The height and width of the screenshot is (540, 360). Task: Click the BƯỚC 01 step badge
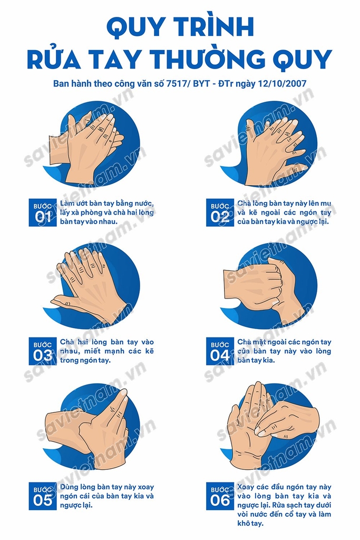43,213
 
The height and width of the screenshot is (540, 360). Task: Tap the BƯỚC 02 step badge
220,213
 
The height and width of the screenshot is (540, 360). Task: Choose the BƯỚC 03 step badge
43,351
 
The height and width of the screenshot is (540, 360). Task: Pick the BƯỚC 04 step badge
220,351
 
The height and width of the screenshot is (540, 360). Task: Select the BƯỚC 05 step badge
43,496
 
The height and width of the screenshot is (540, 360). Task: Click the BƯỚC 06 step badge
220,496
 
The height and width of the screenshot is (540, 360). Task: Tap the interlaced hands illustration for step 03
92,285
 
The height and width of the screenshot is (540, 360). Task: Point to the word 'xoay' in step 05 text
145,487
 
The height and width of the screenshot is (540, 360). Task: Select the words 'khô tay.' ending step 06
250,524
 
